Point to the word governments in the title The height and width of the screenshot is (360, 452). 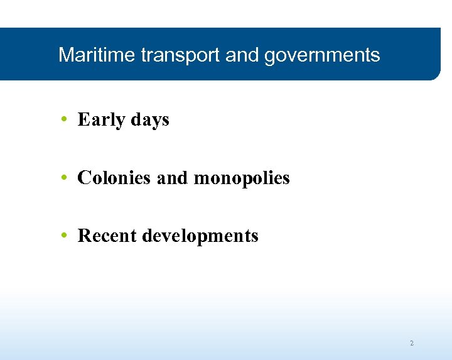322,56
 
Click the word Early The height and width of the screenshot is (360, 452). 101,119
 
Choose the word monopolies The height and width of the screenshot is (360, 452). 242,178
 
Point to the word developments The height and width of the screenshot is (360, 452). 200,236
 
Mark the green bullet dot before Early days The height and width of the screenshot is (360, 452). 65,119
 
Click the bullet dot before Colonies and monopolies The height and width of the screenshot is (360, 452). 65,178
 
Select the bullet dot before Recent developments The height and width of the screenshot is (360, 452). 65,236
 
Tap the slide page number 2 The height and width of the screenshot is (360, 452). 412,343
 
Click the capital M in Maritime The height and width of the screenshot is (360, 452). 65,55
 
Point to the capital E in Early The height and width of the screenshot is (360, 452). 83,119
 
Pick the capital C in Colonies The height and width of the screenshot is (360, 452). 83,178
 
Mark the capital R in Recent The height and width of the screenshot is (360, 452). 83,236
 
